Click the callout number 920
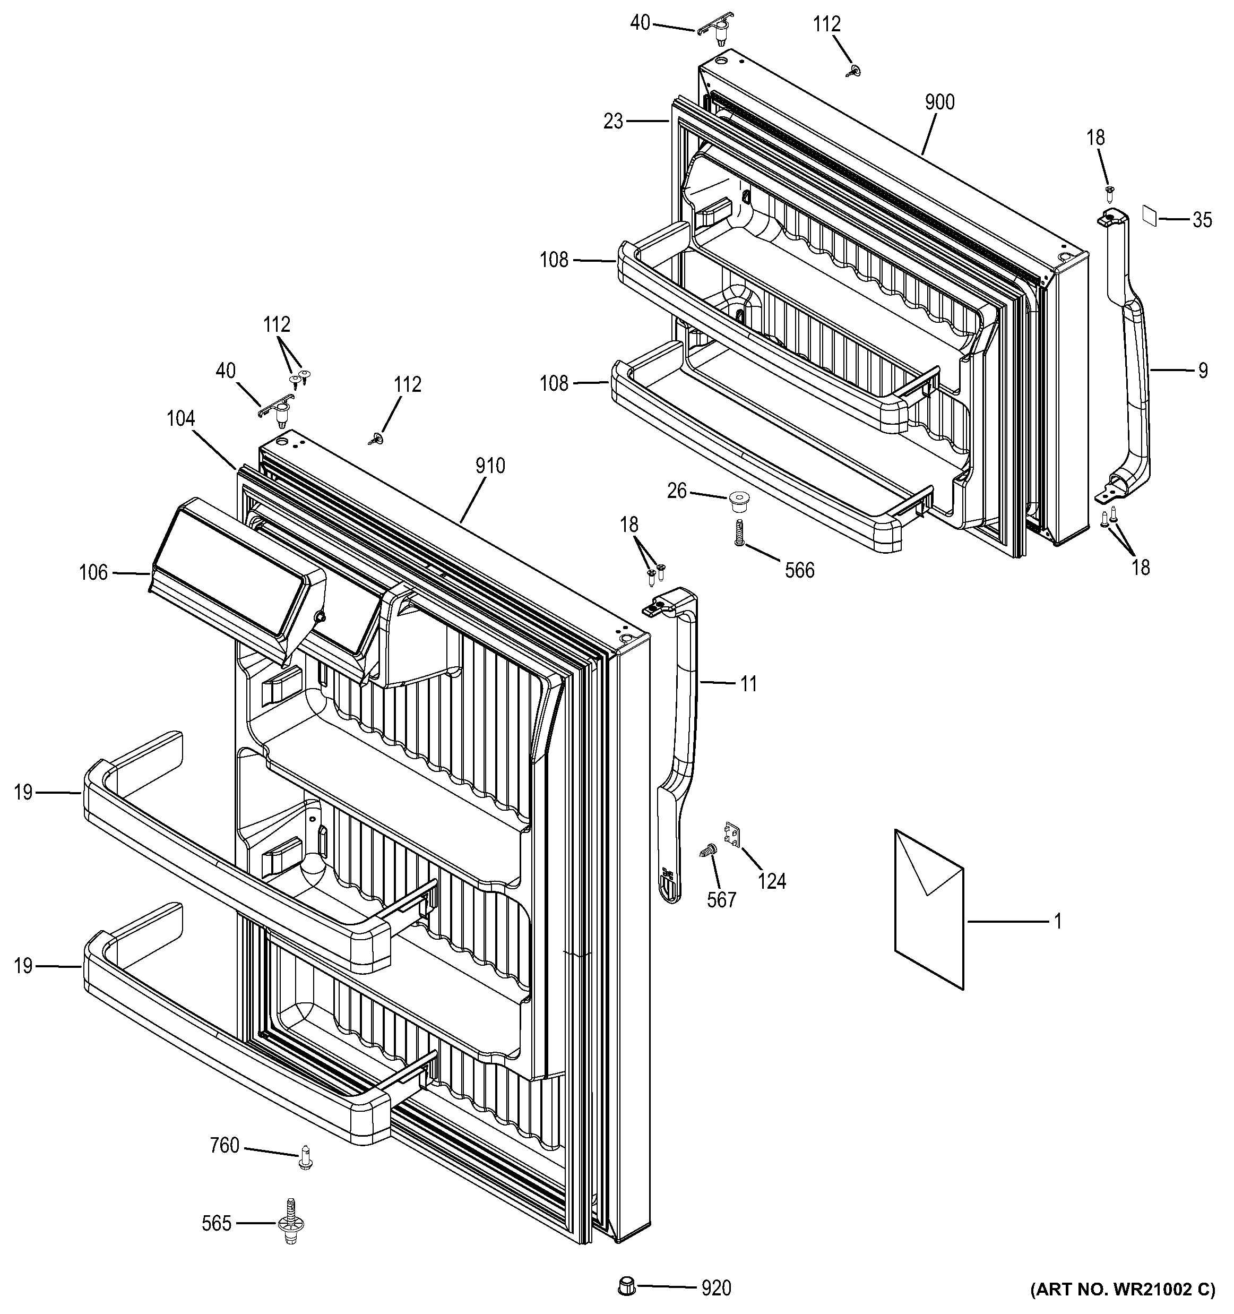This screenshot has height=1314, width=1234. click(716, 1288)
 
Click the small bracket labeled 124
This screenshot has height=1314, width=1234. click(732, 834)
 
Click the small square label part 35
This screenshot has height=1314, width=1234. click(1150, 216)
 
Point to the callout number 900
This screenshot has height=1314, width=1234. click(939, 102)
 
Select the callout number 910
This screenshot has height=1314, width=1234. click(489, 466)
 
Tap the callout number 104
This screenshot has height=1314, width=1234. click(180, 418)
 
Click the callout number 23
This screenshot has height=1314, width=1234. click(613, 122)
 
